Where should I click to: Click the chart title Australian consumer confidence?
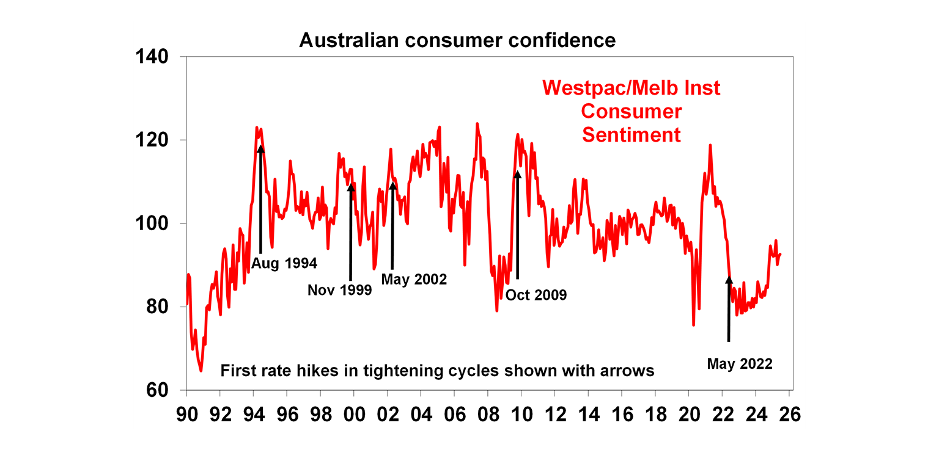coord(457,40)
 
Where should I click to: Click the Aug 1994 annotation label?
coord(284,264)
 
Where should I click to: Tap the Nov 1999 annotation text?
coord(339,290)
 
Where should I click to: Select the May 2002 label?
coord(414,280)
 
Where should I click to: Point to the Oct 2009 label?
coord(536,295)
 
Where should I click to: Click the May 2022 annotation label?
coord(740,364)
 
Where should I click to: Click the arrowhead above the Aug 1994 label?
coord(261,148)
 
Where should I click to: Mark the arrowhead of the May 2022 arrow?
coord(729,280)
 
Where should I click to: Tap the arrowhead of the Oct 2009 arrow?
coord(518,175)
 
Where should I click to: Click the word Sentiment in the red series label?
coord(631,134)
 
